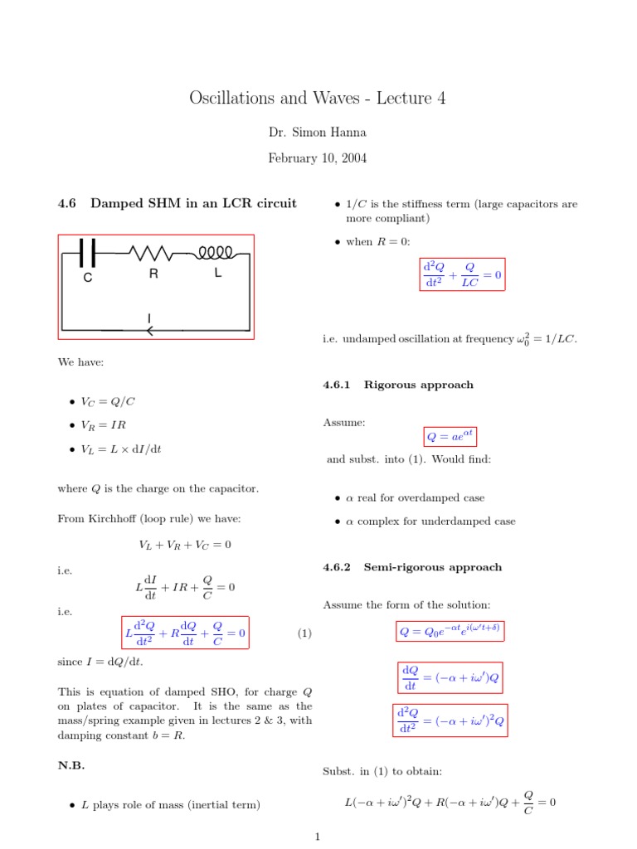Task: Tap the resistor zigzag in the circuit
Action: pos(153,252)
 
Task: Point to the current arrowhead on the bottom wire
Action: pos(150,331)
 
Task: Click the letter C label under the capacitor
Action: pos(88,279)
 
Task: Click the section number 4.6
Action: pos(67,203)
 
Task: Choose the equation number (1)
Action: pos(304,634)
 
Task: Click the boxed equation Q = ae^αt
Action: pos(450,436)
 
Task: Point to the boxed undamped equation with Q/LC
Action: pos(462,274)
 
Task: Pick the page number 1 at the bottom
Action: pos(318,837)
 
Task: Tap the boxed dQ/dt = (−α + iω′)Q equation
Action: pos(450,677)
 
